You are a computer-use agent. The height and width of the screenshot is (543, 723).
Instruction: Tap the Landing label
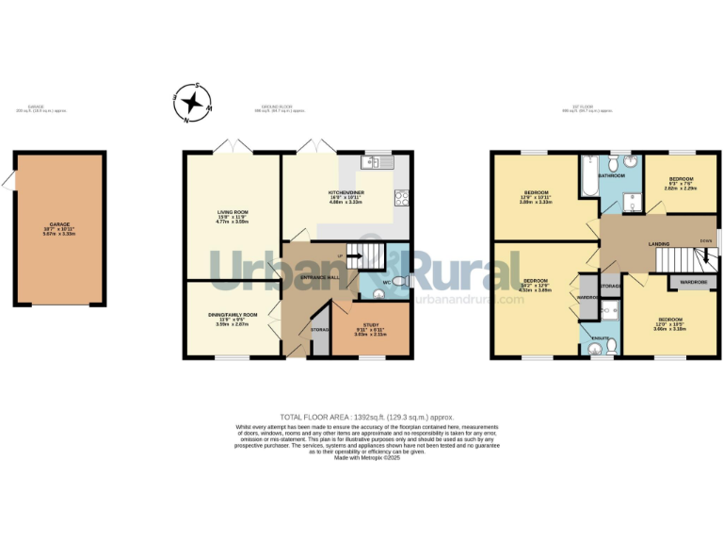(x=659, y=244)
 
